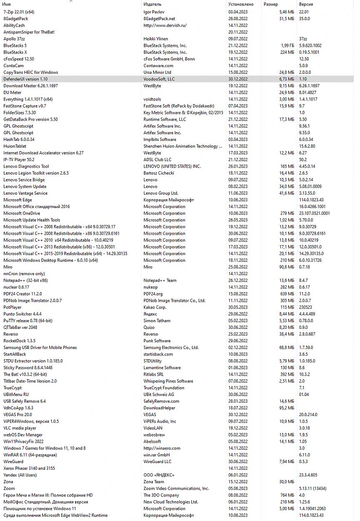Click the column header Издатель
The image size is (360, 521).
152,4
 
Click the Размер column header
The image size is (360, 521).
271,4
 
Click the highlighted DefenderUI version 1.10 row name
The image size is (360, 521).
25,79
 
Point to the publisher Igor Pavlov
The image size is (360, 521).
154,12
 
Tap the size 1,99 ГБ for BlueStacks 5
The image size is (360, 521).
287,45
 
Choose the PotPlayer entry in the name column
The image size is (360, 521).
13,307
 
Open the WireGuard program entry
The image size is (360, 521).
13,461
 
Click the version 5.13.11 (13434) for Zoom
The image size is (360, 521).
312,488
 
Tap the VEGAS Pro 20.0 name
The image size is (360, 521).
18,415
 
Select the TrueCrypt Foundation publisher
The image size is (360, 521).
164,388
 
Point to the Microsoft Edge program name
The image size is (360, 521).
18,200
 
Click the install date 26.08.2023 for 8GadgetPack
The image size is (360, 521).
238,19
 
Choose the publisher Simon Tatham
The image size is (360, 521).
157,321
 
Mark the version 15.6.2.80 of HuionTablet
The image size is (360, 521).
307,146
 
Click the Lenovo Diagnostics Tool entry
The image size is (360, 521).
26,166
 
